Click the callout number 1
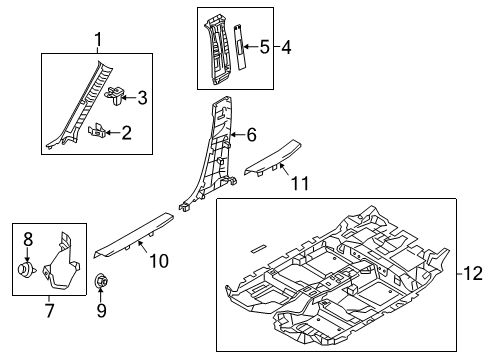point(98,40)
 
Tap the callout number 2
point(127,133)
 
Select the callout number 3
point(142,98)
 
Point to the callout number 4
point(286,47)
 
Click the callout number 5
point(264,47)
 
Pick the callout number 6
point(251,135)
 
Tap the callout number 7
point(49,311)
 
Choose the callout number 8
point(28,239)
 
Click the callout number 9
point(101,311)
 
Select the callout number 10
point(159,261)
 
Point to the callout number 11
point(300,183)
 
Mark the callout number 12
point(473,273)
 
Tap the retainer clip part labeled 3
point(115,95)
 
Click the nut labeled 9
point(101,281)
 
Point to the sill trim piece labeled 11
point(273,157)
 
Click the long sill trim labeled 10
point(133,235)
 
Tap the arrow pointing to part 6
point(238,135)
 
